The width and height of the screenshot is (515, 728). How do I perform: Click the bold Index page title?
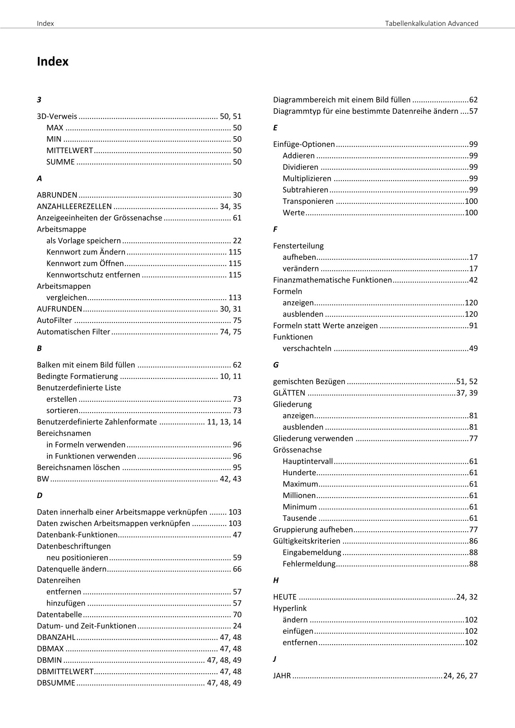point(53,62)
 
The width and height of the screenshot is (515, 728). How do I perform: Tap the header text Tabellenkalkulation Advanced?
point(432,23)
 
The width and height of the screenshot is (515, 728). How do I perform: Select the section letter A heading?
point(39,178)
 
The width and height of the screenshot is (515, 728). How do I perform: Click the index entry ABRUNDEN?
point(57,195)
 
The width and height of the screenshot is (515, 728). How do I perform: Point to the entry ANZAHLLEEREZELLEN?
point(74,206)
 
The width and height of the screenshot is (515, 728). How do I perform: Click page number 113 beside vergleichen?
point(235,298)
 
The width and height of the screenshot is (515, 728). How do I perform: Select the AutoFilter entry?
point(54,320)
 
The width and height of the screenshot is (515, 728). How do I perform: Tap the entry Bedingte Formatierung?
point(78,376)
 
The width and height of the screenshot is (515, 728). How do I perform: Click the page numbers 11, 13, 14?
point(224,422)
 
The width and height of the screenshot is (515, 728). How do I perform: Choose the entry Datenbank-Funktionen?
point(77,535)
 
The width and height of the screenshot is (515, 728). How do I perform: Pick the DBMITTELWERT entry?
point(65,672)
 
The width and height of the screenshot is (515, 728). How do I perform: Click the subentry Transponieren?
point(308,201)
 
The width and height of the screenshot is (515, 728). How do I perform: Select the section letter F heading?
point(275,229)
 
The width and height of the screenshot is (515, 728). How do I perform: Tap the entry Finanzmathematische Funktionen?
point(332,280)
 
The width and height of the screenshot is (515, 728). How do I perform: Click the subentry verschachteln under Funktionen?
point(307,349)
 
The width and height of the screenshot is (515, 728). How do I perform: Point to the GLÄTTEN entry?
point(289,393)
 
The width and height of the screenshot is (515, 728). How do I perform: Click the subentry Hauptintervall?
point(308,461)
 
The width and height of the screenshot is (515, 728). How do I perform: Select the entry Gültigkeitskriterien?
point(307,541)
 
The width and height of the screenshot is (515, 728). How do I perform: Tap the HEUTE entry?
point(285,597)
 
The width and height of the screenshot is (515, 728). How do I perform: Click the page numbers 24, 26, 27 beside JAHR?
point(460,676)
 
